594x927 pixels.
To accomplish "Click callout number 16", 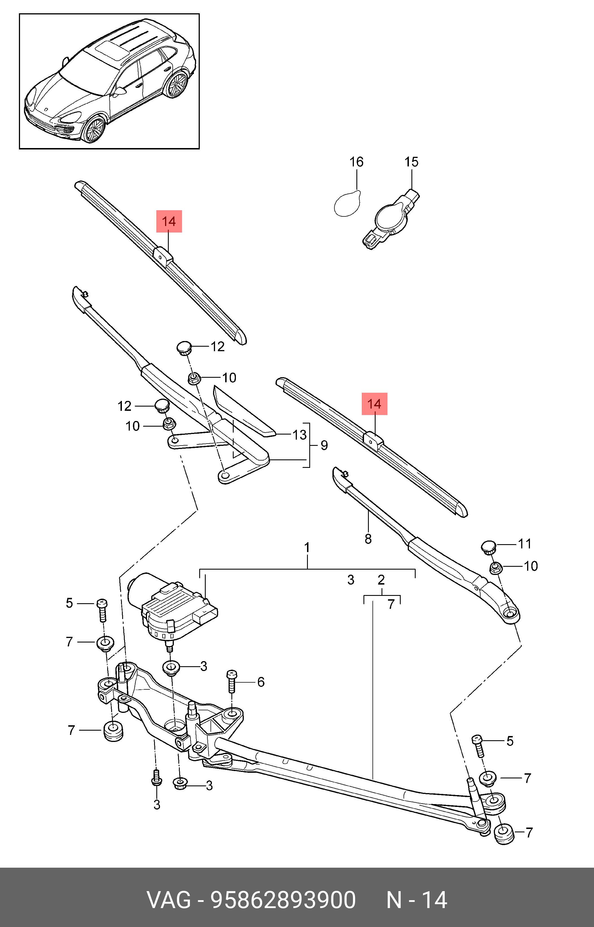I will tap(356, 162).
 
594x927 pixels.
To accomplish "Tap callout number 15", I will tap(411, 162).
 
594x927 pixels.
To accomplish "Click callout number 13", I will tap(299, 435).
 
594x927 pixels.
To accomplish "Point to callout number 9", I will tap(324, 445).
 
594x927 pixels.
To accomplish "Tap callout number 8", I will tap(368, 539).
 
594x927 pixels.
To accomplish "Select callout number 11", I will tap(525, 544).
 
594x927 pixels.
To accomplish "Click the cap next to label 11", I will tap(488, 547).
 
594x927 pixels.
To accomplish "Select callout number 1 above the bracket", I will tap(307, 548).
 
